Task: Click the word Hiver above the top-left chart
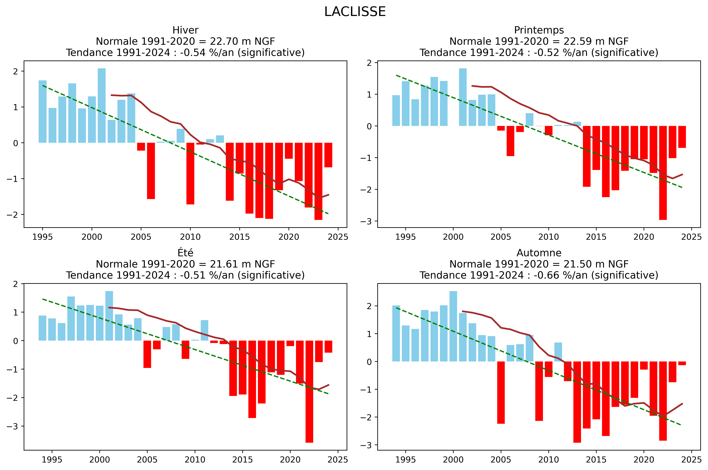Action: (x=185, y=30)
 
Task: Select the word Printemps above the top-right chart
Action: (x=539, y=30)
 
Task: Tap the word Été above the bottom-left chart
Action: (x=185, y=253)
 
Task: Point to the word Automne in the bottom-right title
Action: (x=539, y=253)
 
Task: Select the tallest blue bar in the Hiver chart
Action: (x=102, y=106)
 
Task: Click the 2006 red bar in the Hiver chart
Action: (x=151, y=171)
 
